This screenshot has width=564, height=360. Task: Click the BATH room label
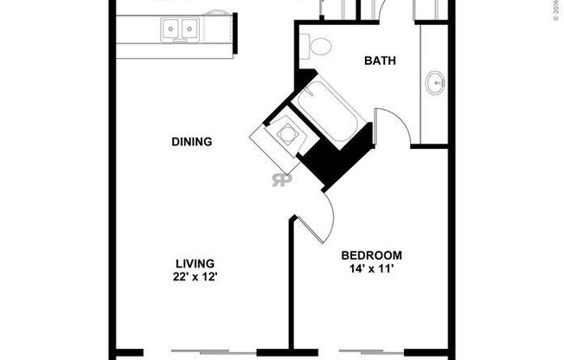(x=380, y=61)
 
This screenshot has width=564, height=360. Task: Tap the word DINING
(x=191, y=141)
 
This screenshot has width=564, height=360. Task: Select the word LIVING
(x=195, y=263)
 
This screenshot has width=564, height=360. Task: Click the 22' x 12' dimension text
(x=195, y=277)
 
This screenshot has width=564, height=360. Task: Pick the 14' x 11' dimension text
(x=371, y=268)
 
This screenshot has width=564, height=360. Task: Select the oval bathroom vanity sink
(x=435, y=85)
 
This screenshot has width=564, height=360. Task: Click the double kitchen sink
(x=179, y=30)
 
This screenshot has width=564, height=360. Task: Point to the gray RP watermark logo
(x=281, y=179)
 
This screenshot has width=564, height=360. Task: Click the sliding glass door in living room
(x=215, y=352)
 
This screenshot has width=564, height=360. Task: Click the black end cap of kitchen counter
(x=234, y=35)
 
